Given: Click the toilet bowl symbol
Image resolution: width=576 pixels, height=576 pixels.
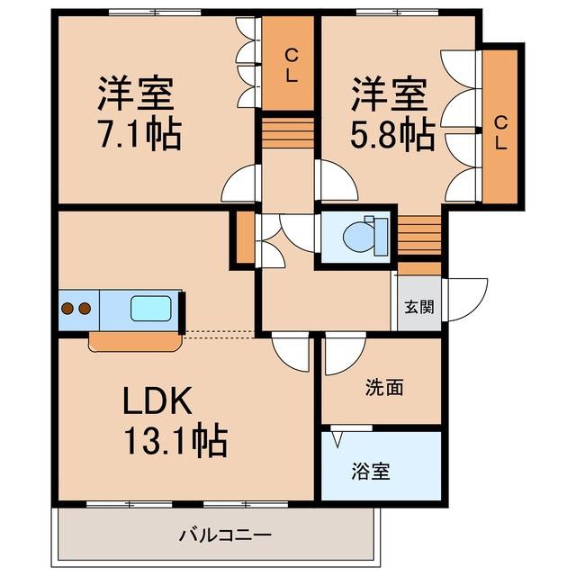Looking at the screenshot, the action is (358, 237).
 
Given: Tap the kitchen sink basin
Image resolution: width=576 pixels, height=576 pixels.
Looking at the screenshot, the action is (151, 308).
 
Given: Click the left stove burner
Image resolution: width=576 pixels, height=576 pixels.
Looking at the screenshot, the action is (67, 308).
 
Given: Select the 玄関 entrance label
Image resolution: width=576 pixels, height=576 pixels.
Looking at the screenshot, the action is (419, 307).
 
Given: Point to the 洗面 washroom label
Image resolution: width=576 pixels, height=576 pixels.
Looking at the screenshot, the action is (384, 388).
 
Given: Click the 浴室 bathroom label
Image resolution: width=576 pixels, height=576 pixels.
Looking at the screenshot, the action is (371, 472).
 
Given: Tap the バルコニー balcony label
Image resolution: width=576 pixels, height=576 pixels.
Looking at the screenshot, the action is (225, 535).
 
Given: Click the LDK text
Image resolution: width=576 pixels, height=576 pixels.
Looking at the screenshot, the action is (157, 400).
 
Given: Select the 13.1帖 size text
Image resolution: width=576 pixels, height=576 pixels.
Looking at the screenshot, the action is (175, 440).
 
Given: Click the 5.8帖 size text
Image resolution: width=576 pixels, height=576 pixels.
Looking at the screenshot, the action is (392, 134).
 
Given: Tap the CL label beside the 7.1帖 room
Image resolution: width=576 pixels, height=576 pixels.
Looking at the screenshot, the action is (292, 66).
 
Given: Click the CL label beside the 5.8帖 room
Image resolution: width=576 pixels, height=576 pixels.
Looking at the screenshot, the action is (500, 133).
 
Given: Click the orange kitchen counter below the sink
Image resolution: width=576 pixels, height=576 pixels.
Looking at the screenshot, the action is (136, 342).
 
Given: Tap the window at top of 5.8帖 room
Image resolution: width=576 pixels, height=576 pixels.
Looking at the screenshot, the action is (398, 13).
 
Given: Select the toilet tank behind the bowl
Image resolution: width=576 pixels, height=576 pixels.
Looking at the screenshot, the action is (381, 237).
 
